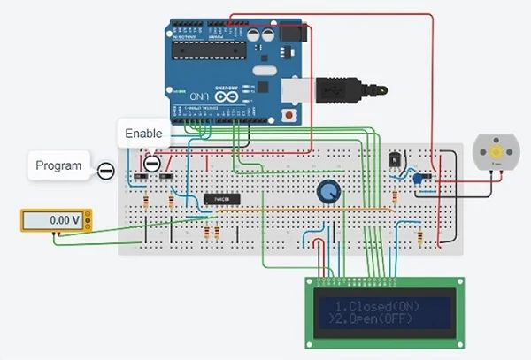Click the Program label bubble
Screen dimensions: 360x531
tap(58, 165)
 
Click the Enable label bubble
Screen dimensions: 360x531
tap(143, 134)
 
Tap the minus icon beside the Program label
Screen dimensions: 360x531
tap(105, 171)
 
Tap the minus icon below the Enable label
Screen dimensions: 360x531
tap(151, 164)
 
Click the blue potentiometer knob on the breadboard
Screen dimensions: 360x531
tap(328, 190)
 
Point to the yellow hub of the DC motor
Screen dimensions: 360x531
tap(495, 153)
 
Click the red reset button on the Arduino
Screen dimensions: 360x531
tap(287, 116)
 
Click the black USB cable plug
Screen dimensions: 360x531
tap(341, 88)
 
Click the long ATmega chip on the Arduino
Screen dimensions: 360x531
tap(207, 49)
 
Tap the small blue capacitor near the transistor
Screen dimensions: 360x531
tap(417, 179)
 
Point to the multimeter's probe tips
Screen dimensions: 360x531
tap(56, 235)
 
